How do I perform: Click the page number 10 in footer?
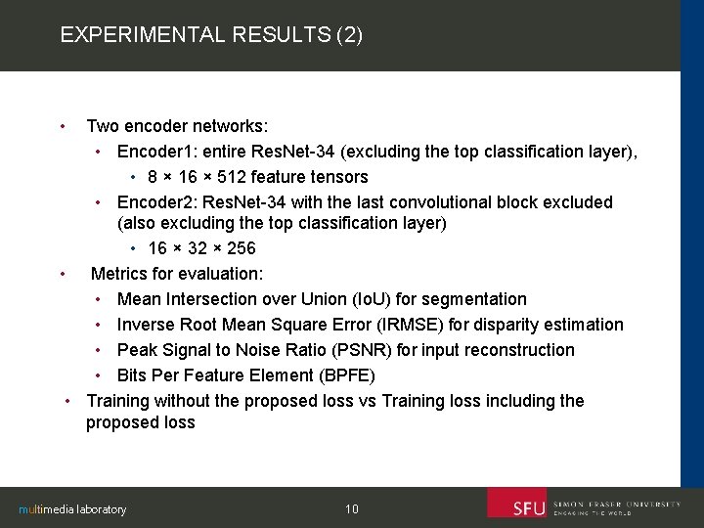click(x=352, y=508)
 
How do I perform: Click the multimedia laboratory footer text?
click(x=73, y=509)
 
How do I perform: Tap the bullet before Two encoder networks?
click(x=63, y=126)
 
